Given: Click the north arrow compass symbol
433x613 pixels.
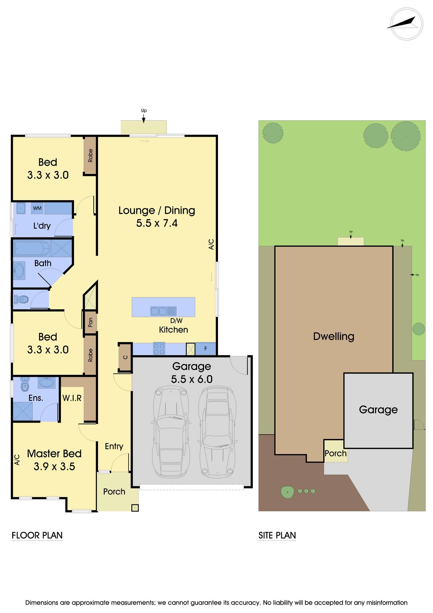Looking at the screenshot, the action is [406, 24].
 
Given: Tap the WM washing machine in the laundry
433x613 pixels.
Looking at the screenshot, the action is [37, 208].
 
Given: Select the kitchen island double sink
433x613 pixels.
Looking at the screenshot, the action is [163, 311].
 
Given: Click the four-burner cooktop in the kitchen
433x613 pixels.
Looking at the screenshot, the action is [159, 348].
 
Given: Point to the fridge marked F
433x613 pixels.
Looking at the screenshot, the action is [205, 349].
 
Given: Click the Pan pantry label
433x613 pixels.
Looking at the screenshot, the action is [90, 322].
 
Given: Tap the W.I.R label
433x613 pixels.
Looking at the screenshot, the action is [72, 398].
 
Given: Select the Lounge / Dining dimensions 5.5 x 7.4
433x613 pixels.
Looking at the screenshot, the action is [157, 223].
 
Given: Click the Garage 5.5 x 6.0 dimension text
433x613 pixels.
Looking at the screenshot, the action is [192, 379].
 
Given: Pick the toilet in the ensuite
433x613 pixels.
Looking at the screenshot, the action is [25, 384].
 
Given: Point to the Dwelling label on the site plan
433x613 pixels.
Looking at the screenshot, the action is [333, 336].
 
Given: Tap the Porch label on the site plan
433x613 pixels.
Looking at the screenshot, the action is [336, 453].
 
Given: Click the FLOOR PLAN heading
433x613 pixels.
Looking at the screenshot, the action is [37, 535].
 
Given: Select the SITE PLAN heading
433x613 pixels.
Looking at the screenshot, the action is [277, 535].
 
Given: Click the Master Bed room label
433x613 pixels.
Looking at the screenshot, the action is [54, 454].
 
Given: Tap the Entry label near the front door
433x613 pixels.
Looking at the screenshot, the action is [114, 447].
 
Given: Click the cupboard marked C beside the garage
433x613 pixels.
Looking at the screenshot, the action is [125, 357].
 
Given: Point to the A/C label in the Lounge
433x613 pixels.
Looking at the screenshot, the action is [211, 244].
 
